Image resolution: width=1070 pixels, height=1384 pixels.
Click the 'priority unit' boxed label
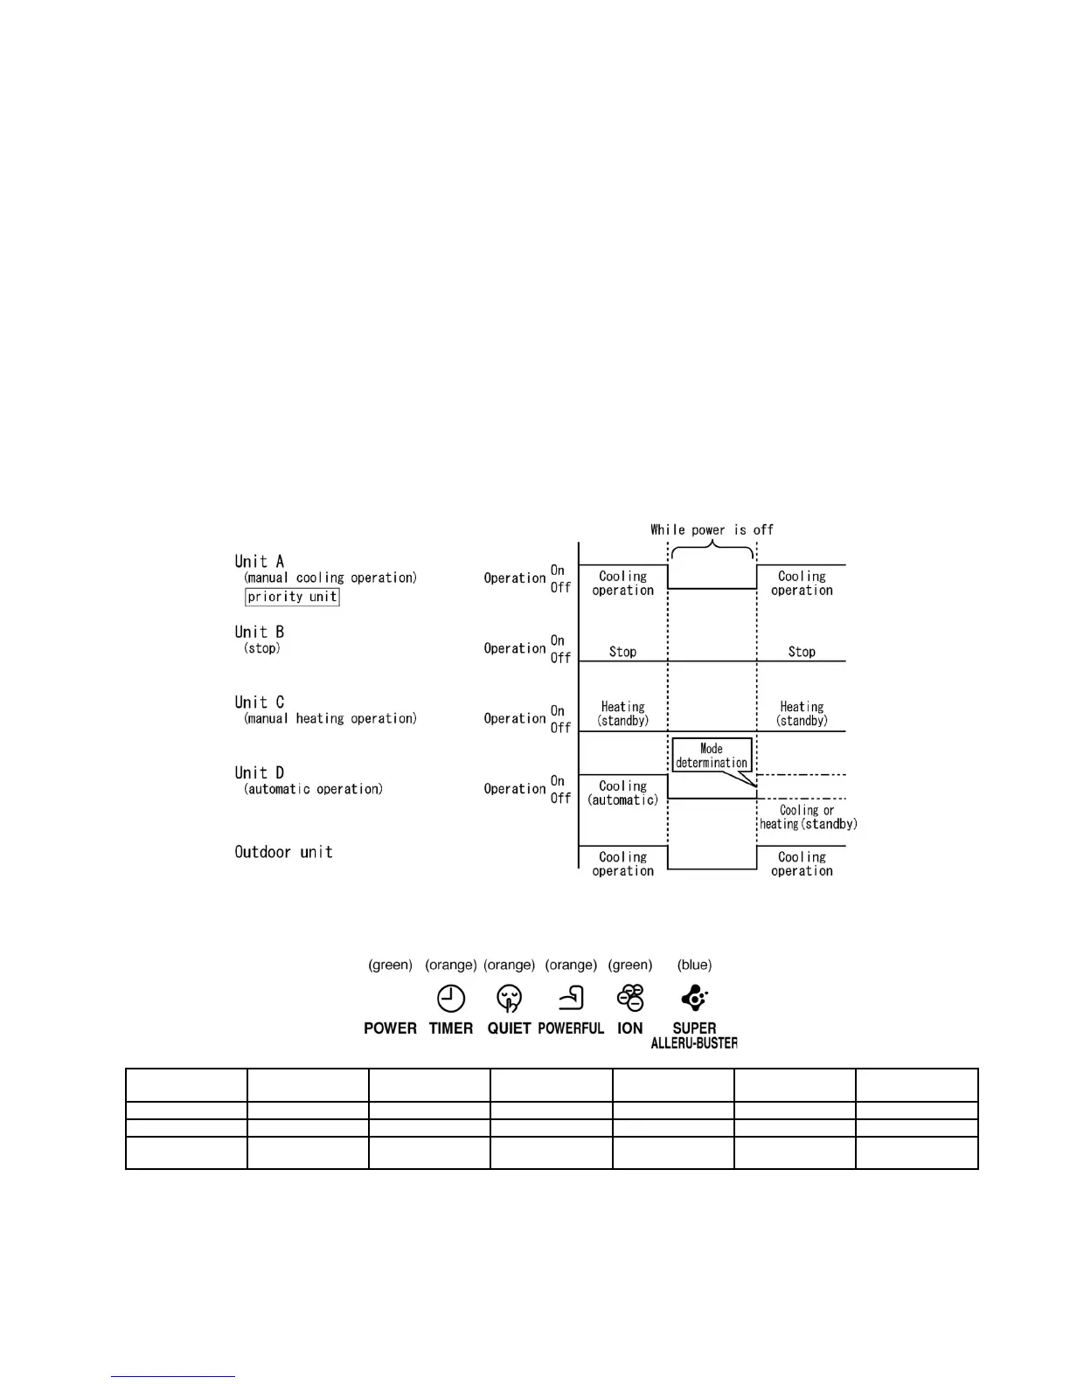click(292, 597)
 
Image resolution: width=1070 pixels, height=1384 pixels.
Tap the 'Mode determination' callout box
click(712, 755)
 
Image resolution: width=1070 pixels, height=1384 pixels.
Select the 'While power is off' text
click(712, 529)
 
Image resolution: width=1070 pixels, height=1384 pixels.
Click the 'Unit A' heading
click(260, 562)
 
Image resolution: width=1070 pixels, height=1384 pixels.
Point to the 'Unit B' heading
click(260, 632)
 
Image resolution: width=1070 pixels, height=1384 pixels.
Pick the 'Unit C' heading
click(260, 702)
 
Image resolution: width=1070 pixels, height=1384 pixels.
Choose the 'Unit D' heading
click(260, 772)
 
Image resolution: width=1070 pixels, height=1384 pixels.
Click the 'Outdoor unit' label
click(283, 852)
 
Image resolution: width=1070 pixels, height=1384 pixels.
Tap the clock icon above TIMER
click(451, 998)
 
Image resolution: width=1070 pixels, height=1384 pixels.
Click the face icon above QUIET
click(509, 998)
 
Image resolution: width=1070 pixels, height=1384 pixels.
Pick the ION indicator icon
click(630, 998)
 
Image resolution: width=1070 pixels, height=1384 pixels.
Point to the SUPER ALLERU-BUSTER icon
click(694, 998)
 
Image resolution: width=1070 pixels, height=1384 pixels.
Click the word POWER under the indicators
click(390, 1028)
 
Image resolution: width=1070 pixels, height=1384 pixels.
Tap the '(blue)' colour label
click(694, 965)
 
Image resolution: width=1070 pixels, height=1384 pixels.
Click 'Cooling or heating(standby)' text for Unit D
click(808, 817)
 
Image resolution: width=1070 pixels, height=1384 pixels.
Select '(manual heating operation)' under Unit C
click(330, 718)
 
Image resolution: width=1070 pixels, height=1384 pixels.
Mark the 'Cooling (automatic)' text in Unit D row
click(622, 793)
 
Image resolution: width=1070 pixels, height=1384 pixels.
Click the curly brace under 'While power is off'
click(712, 550)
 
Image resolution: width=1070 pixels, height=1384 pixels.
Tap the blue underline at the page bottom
click(173, 1377)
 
